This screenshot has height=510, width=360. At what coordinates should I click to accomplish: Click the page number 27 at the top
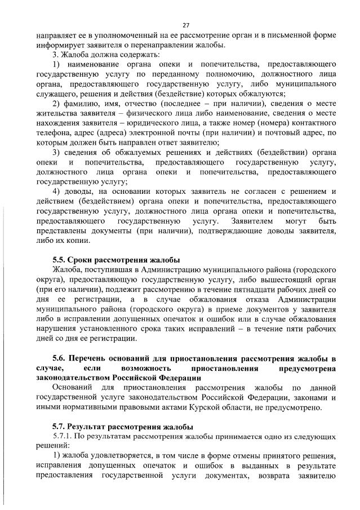pyautogui.click(x=185, y=25)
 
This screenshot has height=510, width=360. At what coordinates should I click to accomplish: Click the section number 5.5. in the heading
pyautogui.click(x=59, y=260)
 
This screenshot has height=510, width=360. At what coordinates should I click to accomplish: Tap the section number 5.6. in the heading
pyautogui.click(x=59, y=358)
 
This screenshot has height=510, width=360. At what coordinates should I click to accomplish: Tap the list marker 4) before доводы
pyautogui.click(x=56, y=192)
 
